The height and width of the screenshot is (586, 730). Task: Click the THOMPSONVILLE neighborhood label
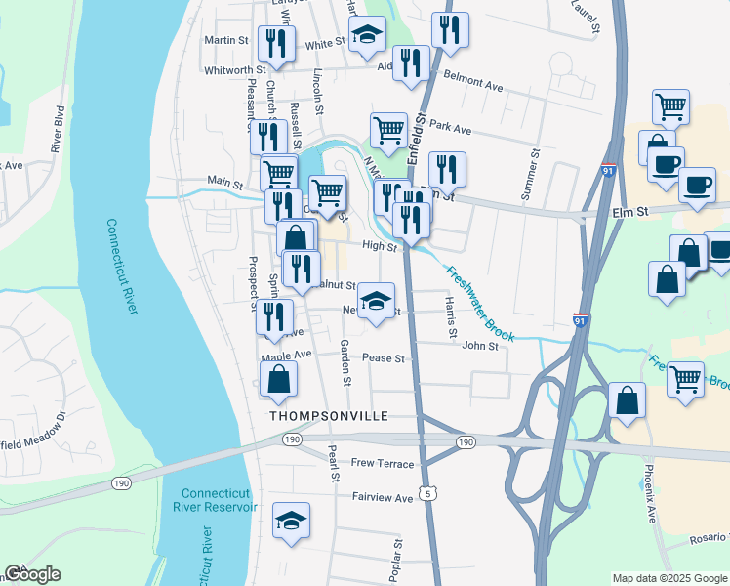[328, 416]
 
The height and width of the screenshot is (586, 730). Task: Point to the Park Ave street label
[450, 129]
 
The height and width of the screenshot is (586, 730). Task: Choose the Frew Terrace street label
[383, 464]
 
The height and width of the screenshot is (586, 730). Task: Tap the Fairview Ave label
[383, 498]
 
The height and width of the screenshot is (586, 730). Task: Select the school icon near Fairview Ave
[291, 522]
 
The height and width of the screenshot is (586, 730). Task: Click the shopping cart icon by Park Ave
[388, 130]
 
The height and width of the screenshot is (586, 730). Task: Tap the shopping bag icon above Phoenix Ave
[627, 400]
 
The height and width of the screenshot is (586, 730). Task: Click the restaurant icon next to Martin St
[276, 44]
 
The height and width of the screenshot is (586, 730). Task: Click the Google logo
[32, 574]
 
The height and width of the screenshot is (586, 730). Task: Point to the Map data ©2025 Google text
[669, 578]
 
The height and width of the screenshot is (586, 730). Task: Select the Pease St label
[383, 358]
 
